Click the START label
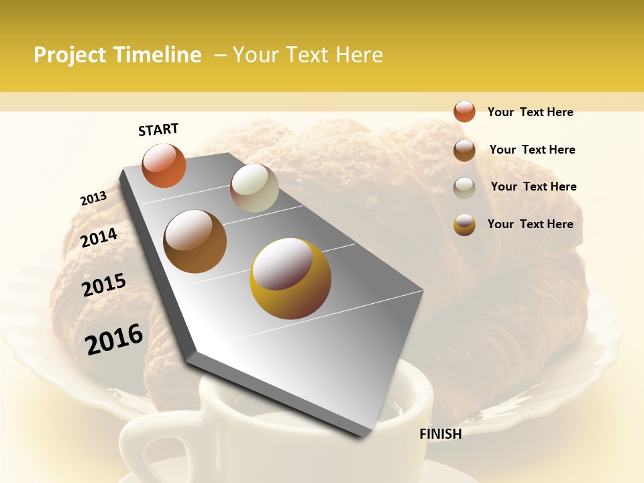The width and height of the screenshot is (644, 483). pos(158,129)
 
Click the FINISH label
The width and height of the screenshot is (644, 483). pos(440,434)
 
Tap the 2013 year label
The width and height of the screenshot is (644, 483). pos(93,199)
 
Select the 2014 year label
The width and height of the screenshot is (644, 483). pos(99,238)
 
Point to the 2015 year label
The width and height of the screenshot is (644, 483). pos(104,285)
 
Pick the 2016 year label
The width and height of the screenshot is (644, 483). pos(114,339)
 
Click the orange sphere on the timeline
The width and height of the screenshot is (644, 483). pos(164,165)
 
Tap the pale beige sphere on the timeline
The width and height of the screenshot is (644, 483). pos(254,188)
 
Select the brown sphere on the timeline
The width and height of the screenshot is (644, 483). pos(195,241)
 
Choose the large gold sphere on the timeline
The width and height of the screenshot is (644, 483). pos(290,278)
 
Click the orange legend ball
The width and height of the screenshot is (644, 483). pos(464,111)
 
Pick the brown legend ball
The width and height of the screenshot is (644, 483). pos(464,150)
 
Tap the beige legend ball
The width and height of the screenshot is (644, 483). pos(464,188)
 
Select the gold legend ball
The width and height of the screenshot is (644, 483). pos(464,225)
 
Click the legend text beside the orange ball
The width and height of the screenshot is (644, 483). pos(530,112)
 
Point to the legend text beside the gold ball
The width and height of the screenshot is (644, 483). pos(530,224)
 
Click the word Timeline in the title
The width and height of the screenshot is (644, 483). pos(158,55)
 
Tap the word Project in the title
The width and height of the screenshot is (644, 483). pos(70,55)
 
